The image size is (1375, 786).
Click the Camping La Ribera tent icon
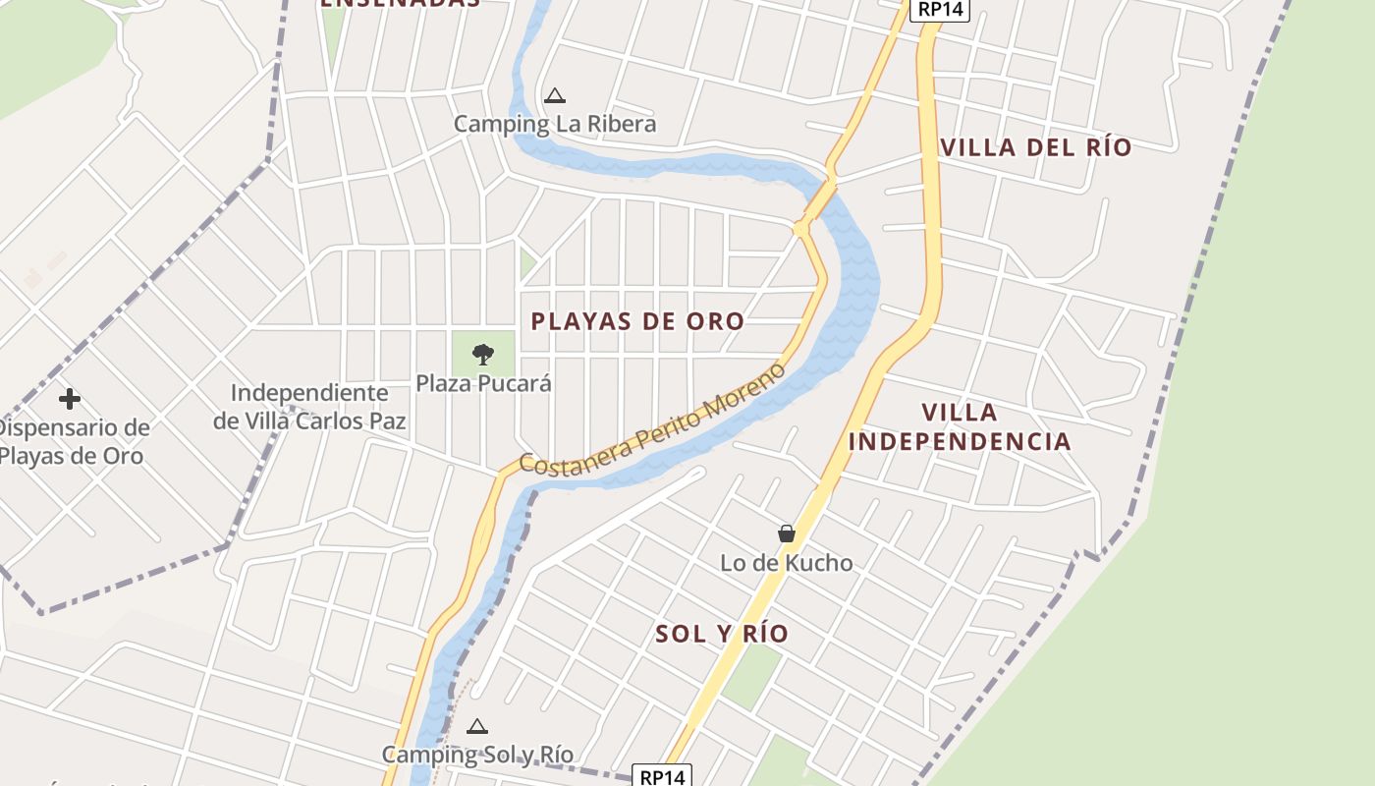pyautogui.click(x=555, y=96)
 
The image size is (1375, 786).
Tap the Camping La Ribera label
pyautogui.click(x=555, y=125)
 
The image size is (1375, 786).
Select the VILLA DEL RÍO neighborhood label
pyautogui.click(x=1036, y=148)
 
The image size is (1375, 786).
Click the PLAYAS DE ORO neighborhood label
pyautogui.click(x=637, y=321)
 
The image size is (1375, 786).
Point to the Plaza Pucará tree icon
pyautogui.click(x=483, y=354)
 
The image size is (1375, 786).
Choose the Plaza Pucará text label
pyautogui.click(x=483, y=383)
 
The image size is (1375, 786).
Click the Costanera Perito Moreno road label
pyautogui.click(x=653, y=421)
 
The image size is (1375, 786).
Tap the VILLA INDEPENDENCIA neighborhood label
pyautogui.click(x=960, y=426)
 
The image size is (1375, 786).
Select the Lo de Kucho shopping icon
pyautogui.click(x=787, y=533)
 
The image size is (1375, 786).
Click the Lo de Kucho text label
pyautogui.click(x=787, y=563)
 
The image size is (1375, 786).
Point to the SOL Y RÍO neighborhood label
pyautogui.click(x=722, y=634)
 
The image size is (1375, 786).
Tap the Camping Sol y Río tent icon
pyautogui.click(x=477, y=727)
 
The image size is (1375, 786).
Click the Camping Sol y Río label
pyautogui.click(x=477, y=755)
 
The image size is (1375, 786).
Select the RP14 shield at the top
pyautogui.click(x=940, y=10)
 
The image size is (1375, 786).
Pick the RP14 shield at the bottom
pyautogui.click(x=662, y=776)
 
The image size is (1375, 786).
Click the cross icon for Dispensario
pyautogui.click(x=69, y=399)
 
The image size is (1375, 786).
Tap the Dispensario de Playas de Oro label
pyautogui.click(x=73, y=442)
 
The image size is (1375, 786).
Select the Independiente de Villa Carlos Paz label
pyautogui.click(x=309, y=407)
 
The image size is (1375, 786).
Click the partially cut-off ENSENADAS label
pyautogui.click(x=401, y=4)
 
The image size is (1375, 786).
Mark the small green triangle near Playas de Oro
pyautogui.click(x=528, y=262)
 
